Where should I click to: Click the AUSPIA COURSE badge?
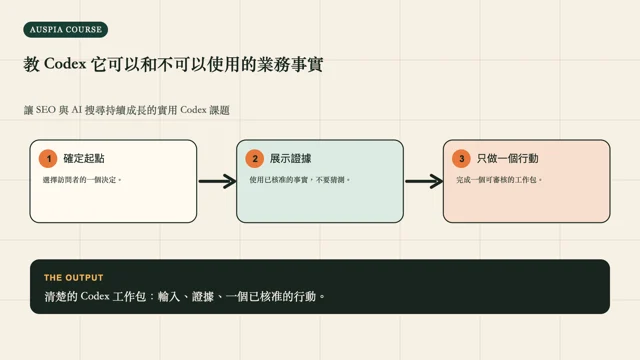pos(66,29)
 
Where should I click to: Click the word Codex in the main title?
pos(65,64)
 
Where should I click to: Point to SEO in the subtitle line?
pos(45,110)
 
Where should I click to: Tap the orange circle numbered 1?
pos(48,158)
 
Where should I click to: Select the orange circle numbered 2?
pos(255,158)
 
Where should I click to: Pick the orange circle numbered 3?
pos(462,158)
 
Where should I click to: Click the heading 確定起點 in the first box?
pos(84,158)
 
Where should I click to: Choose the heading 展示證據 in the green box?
pos(291,158)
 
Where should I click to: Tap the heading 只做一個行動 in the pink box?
pos(508,158)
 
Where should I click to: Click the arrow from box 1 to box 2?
pos(218,181)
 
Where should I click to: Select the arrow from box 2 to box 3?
pos(424,181)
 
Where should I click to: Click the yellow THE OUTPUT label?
pos(73,278)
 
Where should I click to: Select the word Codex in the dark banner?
pos(95,296)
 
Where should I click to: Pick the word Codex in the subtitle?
pos(193,110)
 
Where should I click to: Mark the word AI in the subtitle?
pos(77,110)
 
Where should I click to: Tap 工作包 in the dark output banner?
pos(129,296)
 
